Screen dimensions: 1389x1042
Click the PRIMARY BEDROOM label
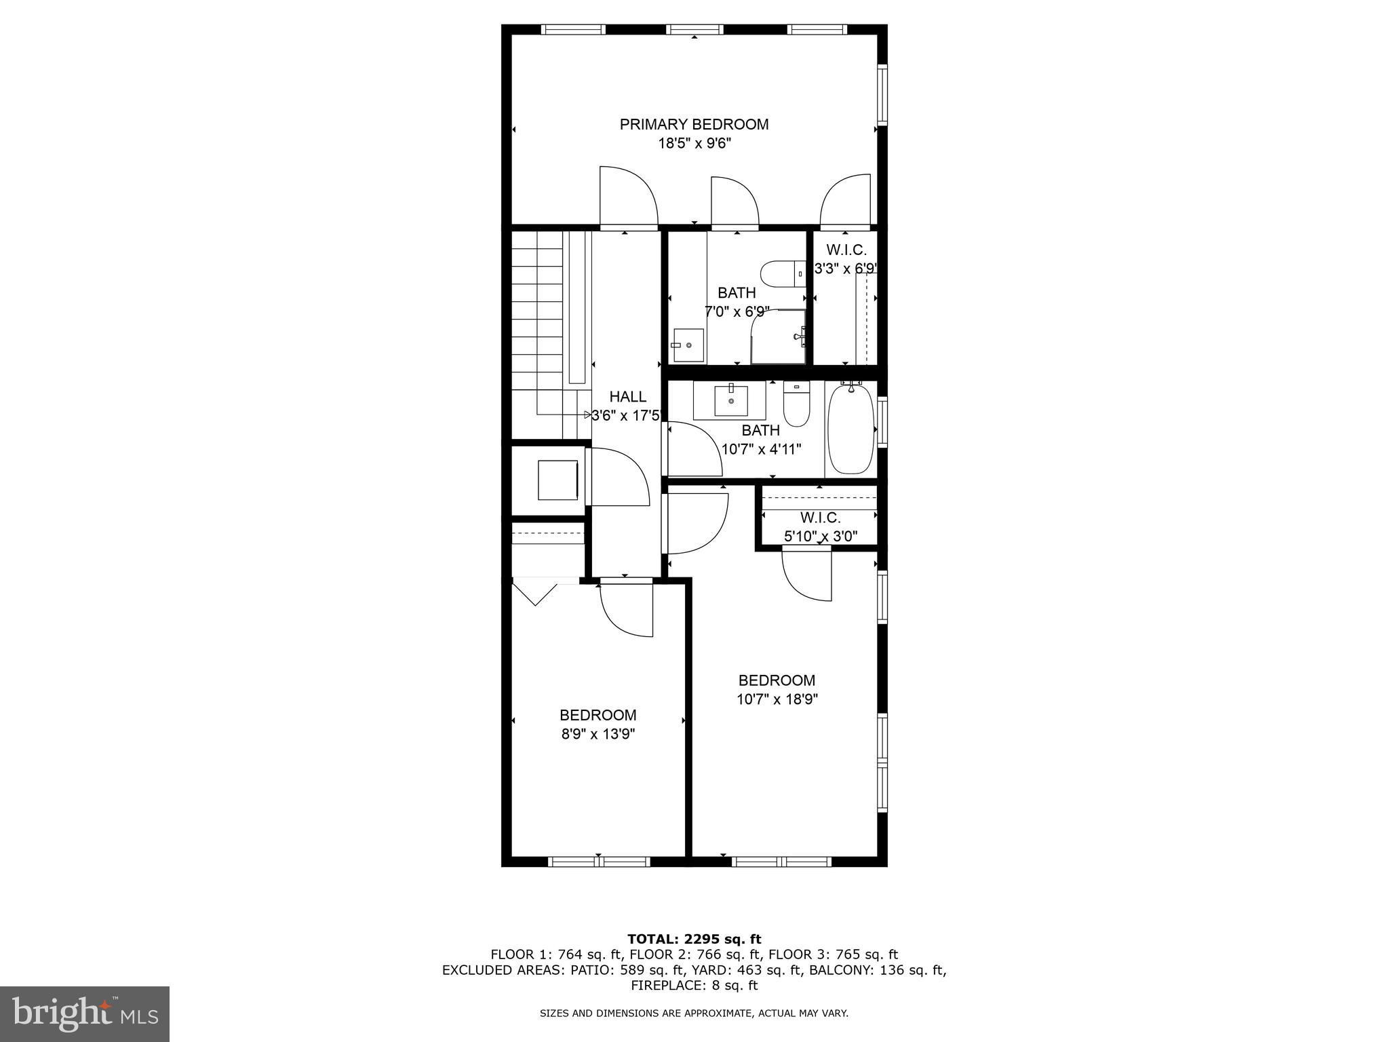pos(694,124)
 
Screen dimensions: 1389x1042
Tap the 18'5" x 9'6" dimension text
pos(694,143)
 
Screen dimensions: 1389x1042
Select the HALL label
pos(627,397)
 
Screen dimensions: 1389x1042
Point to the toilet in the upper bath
pos(782,274)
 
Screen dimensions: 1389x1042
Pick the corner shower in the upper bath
pos(779,336)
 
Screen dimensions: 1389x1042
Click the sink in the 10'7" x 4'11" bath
pos(730,400)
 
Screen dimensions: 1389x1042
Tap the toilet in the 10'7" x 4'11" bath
pos(797,404)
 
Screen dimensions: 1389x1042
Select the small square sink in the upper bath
pos(688,345)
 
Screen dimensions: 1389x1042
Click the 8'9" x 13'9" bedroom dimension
pos(598,734)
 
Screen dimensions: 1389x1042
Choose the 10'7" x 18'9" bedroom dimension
pos(777,699)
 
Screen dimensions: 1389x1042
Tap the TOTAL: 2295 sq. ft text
pos(694,940)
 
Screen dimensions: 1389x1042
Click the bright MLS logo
pos(85,1014)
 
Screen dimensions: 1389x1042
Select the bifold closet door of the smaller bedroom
pos(535,592)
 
